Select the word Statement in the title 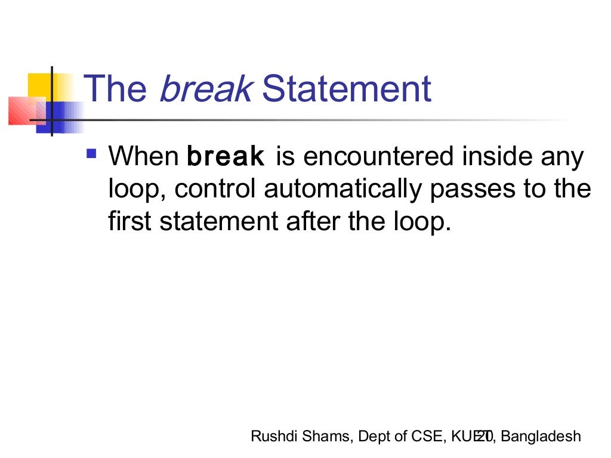coord(346,89)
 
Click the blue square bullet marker coord(91,154)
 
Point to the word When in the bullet coord(143,157)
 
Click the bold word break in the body coord(226,157)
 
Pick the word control coord(217,190)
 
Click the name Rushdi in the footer coord(271,437)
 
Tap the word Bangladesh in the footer coord(541,437)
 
